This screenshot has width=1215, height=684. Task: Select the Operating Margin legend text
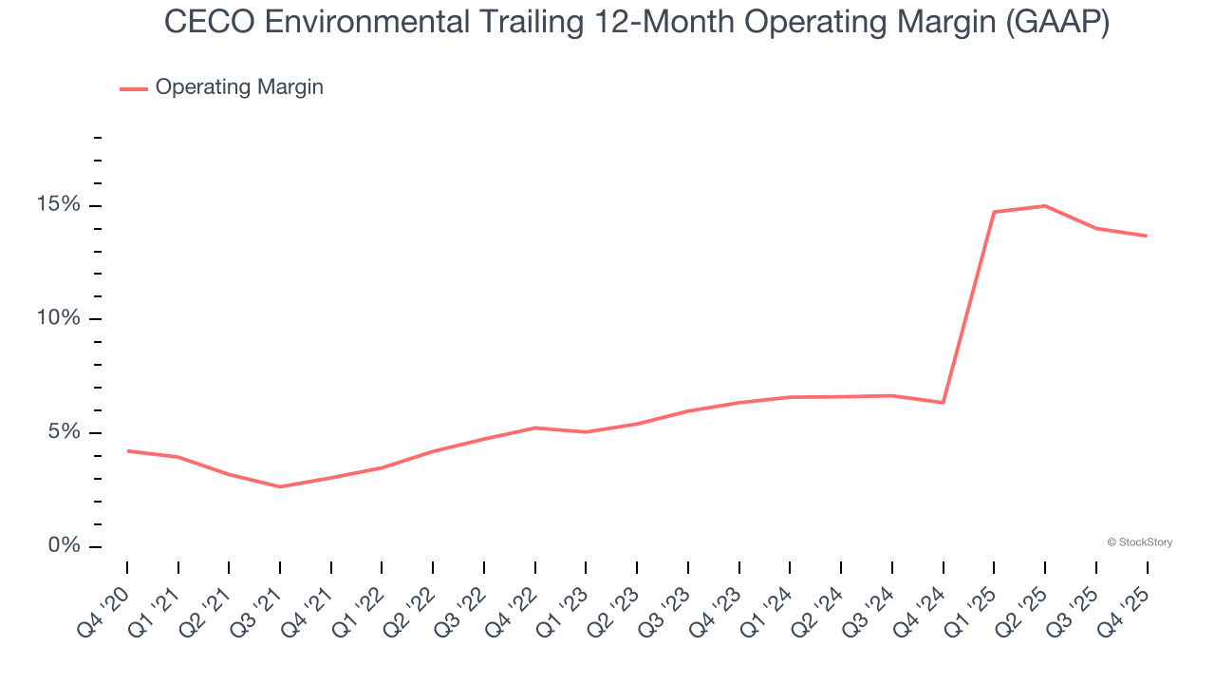tap(239, 87)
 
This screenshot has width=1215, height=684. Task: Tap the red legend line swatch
tap(134, 88)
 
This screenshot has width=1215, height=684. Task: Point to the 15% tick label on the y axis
tap(60, 205)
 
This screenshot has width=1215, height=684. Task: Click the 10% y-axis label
tap(60, 319)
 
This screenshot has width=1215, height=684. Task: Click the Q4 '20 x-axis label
tap(107, 601)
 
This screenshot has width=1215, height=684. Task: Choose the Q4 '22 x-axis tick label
tap(515, 601)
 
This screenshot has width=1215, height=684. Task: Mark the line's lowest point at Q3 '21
tap(280, 486)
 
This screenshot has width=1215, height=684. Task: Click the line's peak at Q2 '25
tap(1045, 205)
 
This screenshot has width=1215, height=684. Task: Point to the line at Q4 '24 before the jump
tap(943, 403)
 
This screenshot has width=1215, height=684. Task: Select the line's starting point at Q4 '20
tap(127, 450)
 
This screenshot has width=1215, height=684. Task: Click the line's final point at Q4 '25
tap(1147, 236)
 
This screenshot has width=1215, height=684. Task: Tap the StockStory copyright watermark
tap(1139, 542)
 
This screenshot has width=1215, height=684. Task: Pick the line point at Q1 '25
tap(994, 212)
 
